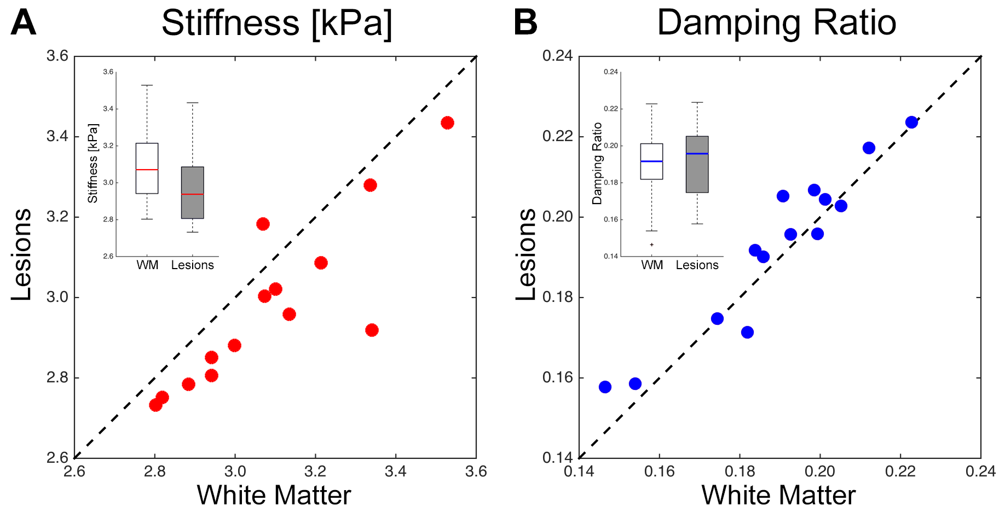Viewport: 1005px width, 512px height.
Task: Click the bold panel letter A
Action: pyautogui.click(x=23, y=23)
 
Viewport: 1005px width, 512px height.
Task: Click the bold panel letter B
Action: pyautogui.click(x=525, y=23)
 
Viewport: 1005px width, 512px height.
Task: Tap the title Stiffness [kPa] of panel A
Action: pyautogui.click(x=276, y=23)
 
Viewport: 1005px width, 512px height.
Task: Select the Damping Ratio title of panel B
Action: pyautogui.click(x=776, y=23)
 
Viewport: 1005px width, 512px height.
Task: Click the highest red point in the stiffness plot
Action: pyautogui.click(x=447, y=123)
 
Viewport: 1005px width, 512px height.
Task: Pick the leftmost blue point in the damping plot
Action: pyautogui.click(x=605, y=387)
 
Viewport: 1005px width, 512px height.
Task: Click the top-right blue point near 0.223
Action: pyautogui.click(x=911, y=123)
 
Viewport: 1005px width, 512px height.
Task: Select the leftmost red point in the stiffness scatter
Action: pyautogui.click(x=155, y=405)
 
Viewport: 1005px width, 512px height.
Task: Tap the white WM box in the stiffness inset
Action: pyautogui.click(x=147, y=156)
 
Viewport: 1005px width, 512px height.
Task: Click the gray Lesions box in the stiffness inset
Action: pyautogui.click(x=193, y=181)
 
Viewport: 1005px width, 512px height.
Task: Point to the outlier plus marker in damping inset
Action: pyautogui.click(x=651, y=245)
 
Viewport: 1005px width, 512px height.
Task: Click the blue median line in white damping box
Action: pyautogui.click(x=651, y=161)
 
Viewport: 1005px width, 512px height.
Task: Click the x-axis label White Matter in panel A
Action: pyautogui.click(x=274, y=496)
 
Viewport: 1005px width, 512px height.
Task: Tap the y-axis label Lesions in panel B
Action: pyautogui.click(x=527, y=254)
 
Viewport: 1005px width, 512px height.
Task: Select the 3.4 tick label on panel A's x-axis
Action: pyautogui.click(x=395, y=472)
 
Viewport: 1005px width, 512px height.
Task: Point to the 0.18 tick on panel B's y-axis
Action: pyautogui.click(x=557, y=298)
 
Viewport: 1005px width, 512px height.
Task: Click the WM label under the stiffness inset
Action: pyautogui.click(x=147, y=265)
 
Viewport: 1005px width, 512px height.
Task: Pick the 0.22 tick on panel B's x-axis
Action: pyautogui.click(x=900, y=472)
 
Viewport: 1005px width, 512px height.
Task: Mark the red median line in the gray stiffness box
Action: pyautogui.click(x=193, y=194)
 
